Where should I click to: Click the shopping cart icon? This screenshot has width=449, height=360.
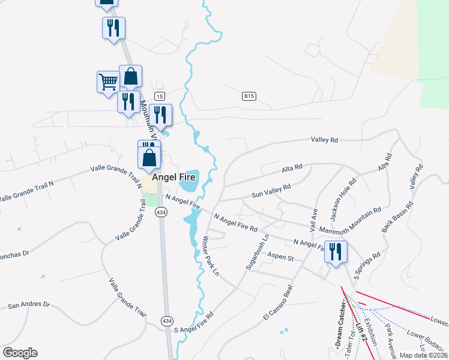click(x=108, y=81)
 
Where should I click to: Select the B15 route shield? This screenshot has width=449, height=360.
click(x=249, y=96)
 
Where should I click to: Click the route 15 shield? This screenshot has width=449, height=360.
click(x=159, y=96)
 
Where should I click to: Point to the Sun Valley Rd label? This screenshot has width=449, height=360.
click(x=271, y=190)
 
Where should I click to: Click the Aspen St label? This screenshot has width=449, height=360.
click(x=280, y=257)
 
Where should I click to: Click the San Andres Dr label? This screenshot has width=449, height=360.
click(x=28, y=305)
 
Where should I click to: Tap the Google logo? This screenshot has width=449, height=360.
click(x=20, y=353)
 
